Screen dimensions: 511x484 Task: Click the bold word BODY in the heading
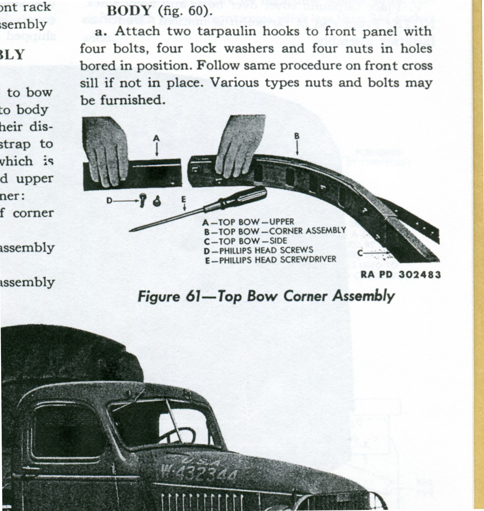pos(129,11)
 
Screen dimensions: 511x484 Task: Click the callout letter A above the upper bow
pos(156,138)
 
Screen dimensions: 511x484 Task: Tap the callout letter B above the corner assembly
pos(297,136)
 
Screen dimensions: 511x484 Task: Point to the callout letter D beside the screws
pos(109,201)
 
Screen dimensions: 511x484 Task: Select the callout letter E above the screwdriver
pos(183,199)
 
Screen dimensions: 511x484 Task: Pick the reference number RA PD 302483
pos(401,275)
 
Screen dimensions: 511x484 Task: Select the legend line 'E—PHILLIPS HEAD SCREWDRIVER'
pos(270,259)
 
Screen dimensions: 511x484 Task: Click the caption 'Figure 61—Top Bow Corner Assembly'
pos(266,296)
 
